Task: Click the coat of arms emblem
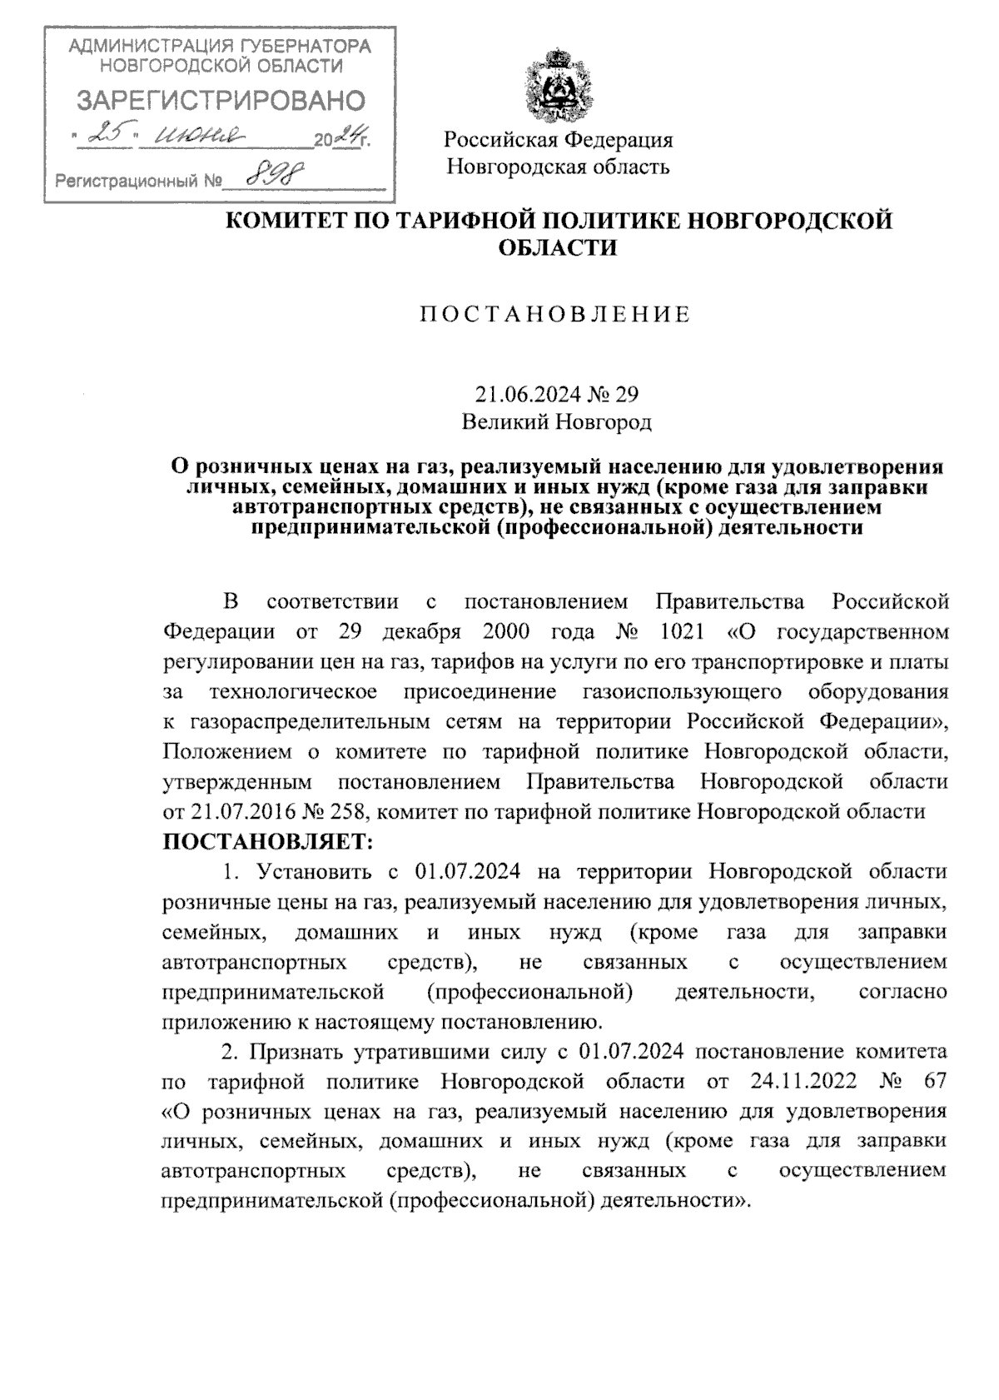pos(557,86)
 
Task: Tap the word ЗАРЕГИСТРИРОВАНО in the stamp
pos(221,102)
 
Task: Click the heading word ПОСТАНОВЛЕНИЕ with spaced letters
pos(554,314)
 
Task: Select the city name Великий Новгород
pos(556,422)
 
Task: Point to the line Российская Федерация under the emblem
pos(558,139)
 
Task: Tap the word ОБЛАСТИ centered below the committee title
pos(557,248)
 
